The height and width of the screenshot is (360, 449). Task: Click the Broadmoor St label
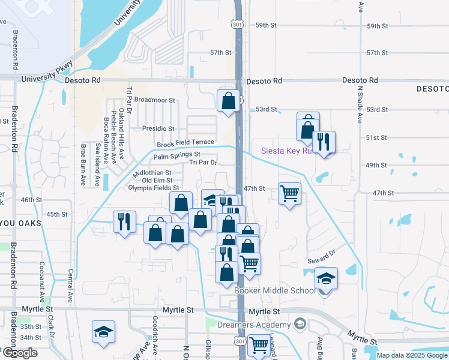pyautogui.click(x=154, y=100)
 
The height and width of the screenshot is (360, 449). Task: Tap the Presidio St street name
pyautogui.click(x=158, y=128)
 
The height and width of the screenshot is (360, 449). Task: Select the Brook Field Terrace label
pyautogui.click(x=185, y=144)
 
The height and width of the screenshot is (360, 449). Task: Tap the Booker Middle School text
pyautogui.click(x=274, y=291)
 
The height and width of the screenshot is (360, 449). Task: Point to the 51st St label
pyautogui.click(x=376, y=137)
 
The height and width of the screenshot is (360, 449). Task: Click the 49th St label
pyautogui.click(x=376, y=165)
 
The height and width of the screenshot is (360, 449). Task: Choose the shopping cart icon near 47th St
pyautogui.click(x=289, y=193)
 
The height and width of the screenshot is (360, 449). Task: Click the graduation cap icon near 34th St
pyautogui.click(x=103, y=331)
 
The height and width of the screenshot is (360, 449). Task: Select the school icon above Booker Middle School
pyautogui.click(x=326, y=278)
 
